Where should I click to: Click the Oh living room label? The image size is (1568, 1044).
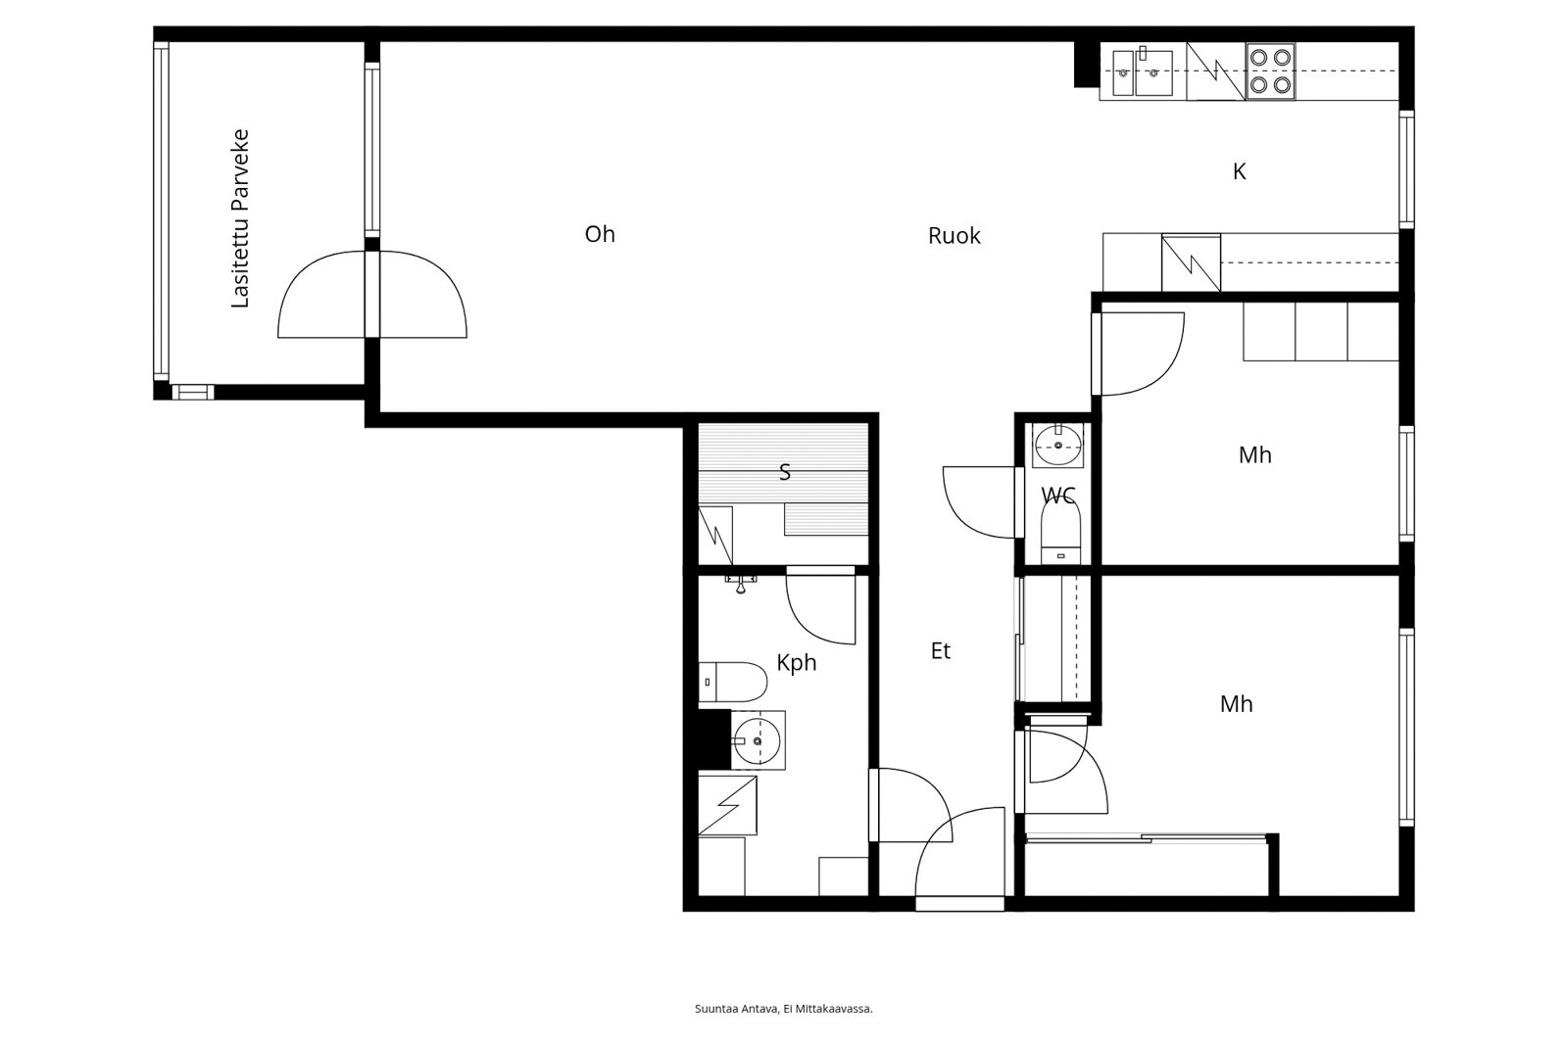[600, 234]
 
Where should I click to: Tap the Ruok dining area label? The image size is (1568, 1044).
[954, 236]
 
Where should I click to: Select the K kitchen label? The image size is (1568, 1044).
[1239, 172]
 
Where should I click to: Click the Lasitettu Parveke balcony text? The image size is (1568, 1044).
[240, 218]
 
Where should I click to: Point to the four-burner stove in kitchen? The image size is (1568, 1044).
[1270, 71]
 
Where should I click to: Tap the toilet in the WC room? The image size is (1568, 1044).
[1058, 530]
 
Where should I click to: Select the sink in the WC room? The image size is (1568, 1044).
[1058, 447]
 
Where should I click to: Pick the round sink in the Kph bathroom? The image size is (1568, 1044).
[757, 740]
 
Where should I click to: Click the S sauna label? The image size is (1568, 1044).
[784, 473]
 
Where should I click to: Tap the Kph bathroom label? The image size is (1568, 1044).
[796, 663]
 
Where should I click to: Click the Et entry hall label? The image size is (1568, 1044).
[941, 651]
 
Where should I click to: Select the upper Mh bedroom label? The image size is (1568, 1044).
[1254, 455]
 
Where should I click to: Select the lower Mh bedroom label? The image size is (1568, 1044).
[1236, 704]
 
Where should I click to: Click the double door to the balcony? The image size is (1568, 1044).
[372, 294]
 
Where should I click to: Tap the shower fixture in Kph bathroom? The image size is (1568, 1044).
[742, 583]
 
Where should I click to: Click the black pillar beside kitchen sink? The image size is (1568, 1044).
[1086, 64]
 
